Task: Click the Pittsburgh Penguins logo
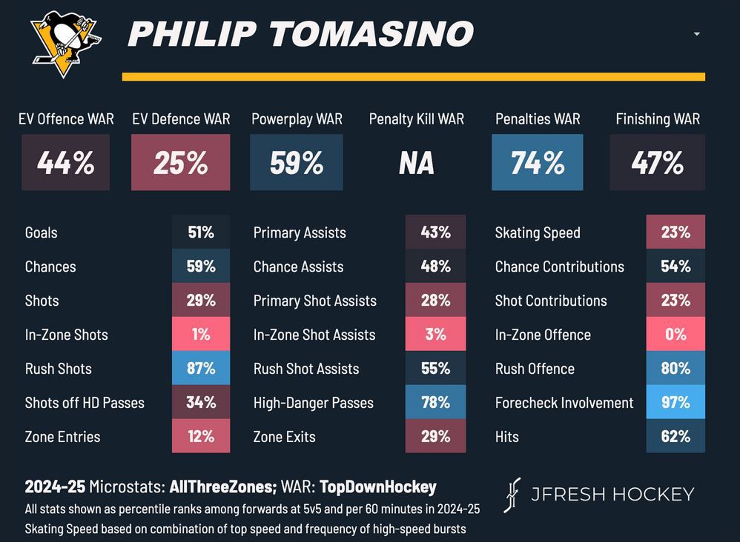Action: [65, 43]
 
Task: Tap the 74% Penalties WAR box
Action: [537, 162]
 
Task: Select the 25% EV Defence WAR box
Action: [180, 162]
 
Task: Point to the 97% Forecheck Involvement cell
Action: [675, 403]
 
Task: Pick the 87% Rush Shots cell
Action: [200, 369]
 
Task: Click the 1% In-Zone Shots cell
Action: [200, 335]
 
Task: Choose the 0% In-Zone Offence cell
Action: [675, 335]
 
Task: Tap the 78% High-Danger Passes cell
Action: [435, 403]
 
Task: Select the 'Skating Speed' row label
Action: [538, 232]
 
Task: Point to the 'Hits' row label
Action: [507, 437]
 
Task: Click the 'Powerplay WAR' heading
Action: [297, 118]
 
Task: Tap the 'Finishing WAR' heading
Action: [658, 118]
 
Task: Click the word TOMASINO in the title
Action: [370, 34]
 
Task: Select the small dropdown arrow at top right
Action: [696, 34]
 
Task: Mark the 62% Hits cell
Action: [675, 437]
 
